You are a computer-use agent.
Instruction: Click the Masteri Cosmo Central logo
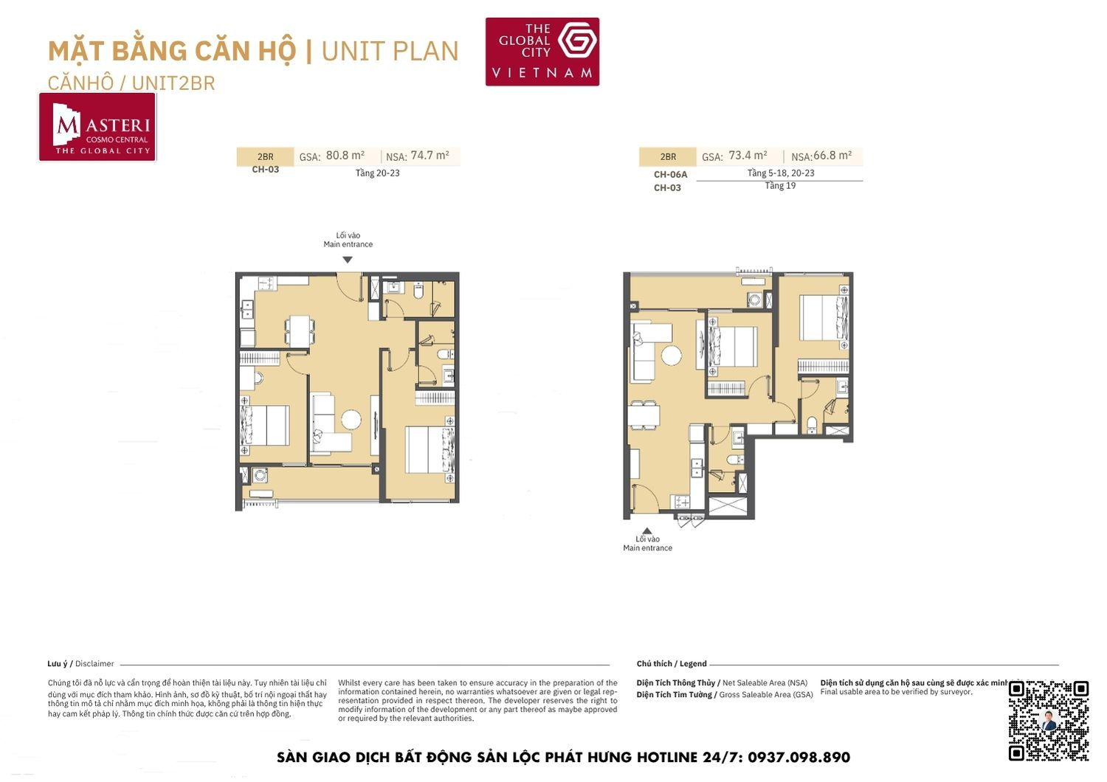click(x=97, y=127)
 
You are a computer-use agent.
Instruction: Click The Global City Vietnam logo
click(x=542, y=52)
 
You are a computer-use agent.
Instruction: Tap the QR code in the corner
click(x=1048, y=720)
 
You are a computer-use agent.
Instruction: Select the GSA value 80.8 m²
click(x=345, y=156)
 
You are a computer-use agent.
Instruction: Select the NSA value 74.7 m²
click(x=430, y=156)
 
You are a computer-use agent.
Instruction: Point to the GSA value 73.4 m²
click(x=748, y=156)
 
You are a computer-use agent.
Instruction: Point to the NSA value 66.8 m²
click(x=832, y=156)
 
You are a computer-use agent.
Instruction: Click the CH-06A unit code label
click(x=670, y=175)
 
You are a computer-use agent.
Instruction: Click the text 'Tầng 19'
click(x=780, y=186)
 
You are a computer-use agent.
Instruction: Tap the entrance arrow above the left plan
click(x=348, y=260)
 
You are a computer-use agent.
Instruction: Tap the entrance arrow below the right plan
click(x=647, y=530)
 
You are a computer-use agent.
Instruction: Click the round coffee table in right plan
click(x=672, y=356)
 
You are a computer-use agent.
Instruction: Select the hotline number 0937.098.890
click(x=799, y=758)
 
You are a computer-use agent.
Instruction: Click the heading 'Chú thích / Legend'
click(x=672, y=664)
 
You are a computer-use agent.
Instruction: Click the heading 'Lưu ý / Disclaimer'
click(x=80, y=664)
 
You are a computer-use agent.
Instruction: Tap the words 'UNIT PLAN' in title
click(x=390, y=52)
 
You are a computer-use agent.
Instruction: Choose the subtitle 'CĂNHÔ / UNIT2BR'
click(x=131, y=83)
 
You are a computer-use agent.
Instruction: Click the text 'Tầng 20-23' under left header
click(x=377, y=173)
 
